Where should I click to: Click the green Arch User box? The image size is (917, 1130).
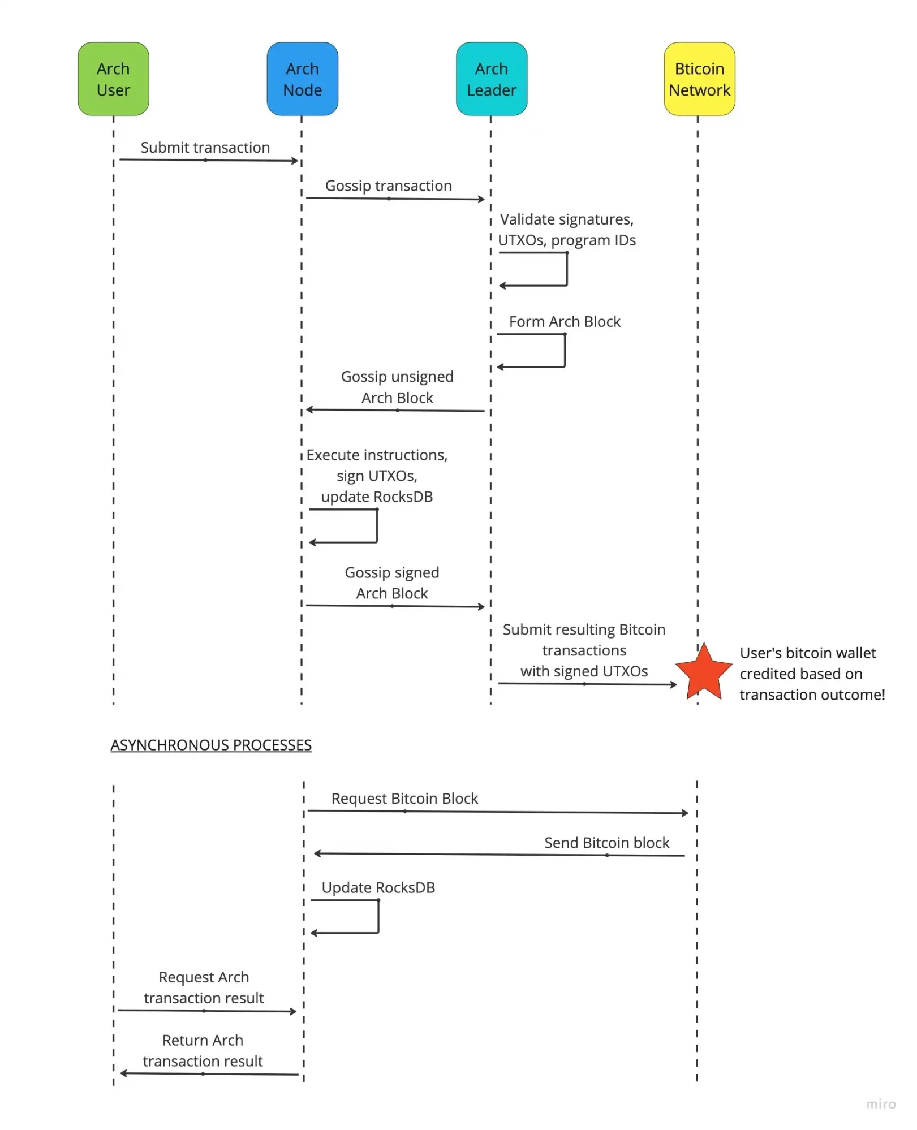coord(113,79)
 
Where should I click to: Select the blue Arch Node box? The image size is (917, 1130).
coord(302,79)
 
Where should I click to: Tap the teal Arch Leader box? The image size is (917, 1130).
coord(491,79)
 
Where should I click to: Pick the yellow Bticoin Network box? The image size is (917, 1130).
coord(699,79)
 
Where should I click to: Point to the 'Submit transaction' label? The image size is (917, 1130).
coord(205,148)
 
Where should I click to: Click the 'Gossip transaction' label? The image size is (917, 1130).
coord(388,186)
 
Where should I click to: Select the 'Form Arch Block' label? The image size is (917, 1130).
coord(564,322)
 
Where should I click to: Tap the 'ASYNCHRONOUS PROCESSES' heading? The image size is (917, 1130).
coord(211,745)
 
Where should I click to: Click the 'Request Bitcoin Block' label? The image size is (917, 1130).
coord(404,799)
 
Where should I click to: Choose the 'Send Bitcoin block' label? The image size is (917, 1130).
coord(606,843)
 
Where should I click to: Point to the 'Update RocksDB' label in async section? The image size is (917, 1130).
coord(378,887)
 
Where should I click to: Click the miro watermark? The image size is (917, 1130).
coord(881,1104)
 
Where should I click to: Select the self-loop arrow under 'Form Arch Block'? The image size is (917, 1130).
coord(564,351)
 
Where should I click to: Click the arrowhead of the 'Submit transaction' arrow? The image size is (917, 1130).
coord(295,161)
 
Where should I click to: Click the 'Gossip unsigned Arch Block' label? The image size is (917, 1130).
coord(397,387)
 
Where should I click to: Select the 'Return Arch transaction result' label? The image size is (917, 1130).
coord(203,1051)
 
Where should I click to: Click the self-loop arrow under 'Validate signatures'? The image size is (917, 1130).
coord(566,269)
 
